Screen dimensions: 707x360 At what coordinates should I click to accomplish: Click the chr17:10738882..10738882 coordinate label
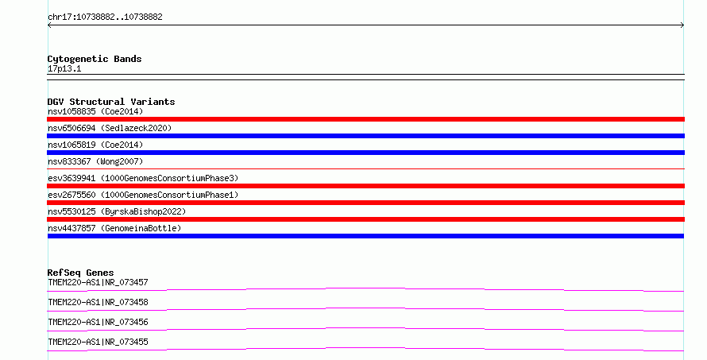[x=105, y=17]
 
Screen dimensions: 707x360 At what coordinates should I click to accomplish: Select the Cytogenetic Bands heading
[x=95, y=59]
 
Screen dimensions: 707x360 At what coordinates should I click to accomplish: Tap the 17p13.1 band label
[x=64, y=69]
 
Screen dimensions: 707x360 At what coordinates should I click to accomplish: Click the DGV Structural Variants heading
[x=111, y=102]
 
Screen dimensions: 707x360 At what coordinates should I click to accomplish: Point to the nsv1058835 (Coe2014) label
[x=95, y=111]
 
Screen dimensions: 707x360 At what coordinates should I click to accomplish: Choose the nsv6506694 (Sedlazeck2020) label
[x=110, y=128]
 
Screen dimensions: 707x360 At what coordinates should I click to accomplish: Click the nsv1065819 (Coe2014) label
[x=95, y=145]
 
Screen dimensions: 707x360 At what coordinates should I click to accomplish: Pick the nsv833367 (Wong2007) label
[x=95, y=161]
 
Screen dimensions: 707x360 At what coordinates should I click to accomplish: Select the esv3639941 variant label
[x=143, y=178]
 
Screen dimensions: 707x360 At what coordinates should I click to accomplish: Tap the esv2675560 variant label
[x=143, y=195]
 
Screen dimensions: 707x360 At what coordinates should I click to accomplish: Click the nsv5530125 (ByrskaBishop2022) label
[x=117, y=211]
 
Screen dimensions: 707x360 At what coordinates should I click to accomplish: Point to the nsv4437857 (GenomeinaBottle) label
[x=114, y=228]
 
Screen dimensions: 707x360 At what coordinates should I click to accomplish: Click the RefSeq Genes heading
[x=80, y=273]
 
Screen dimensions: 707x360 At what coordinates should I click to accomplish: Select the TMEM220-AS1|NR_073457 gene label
[x=98, y=282]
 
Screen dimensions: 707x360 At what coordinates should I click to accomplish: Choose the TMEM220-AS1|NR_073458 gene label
[x=98, y=302]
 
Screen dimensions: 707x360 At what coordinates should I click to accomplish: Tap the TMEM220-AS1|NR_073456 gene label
[x=98, y=322]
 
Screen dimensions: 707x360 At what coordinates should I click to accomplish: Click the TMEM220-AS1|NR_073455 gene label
[x=98, y=342]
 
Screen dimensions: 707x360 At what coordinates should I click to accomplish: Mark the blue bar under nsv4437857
[x=365, y=236]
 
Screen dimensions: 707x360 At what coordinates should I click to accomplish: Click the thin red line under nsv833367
[x=365, y=168]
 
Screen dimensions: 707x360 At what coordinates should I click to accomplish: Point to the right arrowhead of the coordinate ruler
[x=683, y=25]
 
